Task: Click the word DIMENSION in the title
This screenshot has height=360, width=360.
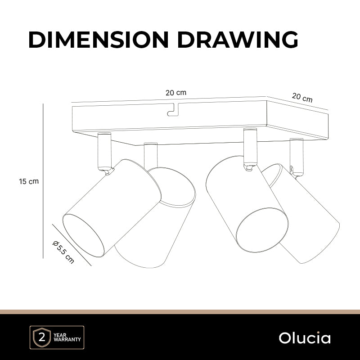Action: tap(99, 40)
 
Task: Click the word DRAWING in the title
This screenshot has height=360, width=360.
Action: tap(238, 40)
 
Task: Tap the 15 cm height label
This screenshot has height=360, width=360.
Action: tap(29, 181)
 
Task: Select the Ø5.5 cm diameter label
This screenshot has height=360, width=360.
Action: tap(63, 252)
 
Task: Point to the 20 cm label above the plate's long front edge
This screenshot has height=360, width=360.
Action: tap(176, 93)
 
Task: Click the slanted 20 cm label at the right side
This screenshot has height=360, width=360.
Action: tap(302, 97)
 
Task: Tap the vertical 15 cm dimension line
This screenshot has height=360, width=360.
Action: tap(43, 181)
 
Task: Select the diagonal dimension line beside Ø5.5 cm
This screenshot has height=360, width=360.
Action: tap(72, 245)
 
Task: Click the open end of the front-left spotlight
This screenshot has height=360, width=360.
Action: tap(84, 235)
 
